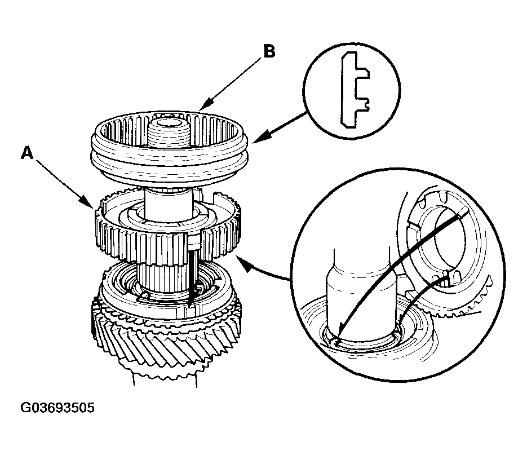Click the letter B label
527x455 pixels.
(x=269, y=52)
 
